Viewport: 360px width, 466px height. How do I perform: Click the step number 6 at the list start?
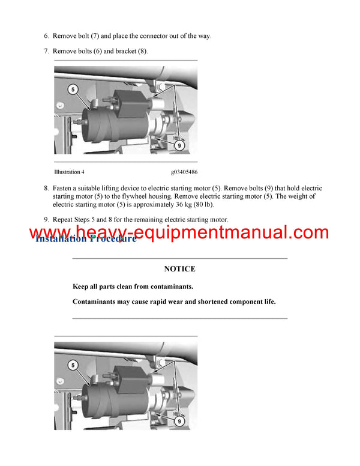tap(47, 36)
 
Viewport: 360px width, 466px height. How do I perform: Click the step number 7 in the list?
tap(47, 51)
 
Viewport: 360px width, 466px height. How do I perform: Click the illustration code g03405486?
tap(184, 172)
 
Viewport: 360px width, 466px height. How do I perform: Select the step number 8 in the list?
tap(47, 188)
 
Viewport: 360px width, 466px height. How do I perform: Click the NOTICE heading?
tap(179, 269)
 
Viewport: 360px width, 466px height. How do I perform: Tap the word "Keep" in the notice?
tap(81, 286)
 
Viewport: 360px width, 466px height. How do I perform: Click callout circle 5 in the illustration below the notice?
tap(73, 365)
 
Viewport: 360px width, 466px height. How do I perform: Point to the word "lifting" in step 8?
tap(113, 188)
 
